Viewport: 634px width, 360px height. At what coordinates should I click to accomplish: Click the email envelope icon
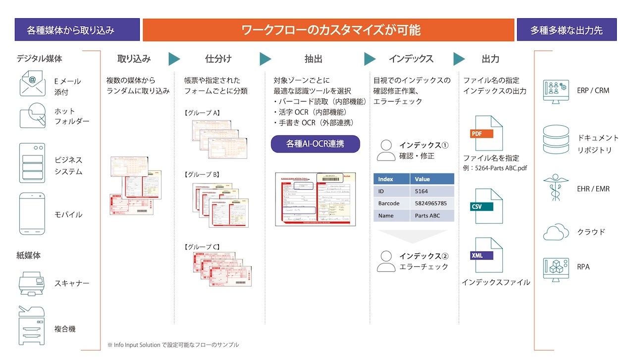tap(32, 83)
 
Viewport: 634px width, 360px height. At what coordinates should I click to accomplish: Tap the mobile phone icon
tap(32, 213)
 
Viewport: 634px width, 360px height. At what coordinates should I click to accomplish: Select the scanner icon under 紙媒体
tap(32, 283)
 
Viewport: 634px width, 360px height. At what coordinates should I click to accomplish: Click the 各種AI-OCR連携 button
tap(315, 144)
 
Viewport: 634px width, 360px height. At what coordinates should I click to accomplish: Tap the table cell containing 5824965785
tap(431, 203)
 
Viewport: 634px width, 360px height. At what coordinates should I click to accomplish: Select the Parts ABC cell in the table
tap(431, 215)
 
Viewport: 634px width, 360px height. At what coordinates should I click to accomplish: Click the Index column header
tap(391, 179)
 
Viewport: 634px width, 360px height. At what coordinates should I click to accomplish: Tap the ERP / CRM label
tap(593, 91)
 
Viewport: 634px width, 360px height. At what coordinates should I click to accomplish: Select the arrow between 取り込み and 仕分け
tap(174, 59)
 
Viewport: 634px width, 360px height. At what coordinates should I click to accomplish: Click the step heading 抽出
tap(313, 59)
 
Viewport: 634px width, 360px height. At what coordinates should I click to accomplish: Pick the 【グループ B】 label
tap(202, 174)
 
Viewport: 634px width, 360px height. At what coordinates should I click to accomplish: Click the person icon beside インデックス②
tap(386, 261)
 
